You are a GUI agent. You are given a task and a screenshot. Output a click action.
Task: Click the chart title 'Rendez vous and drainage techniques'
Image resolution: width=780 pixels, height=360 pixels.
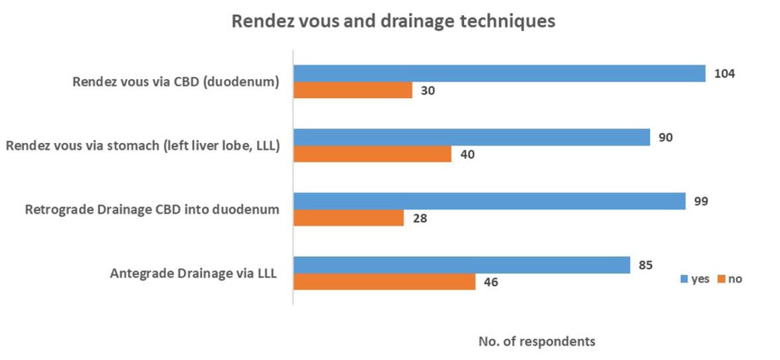click(393, 22)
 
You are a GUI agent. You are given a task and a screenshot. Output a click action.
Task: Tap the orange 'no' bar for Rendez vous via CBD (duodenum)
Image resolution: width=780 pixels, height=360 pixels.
click(354, 91)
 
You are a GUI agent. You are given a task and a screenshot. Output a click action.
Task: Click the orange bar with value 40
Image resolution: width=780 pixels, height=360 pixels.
click(373, 155)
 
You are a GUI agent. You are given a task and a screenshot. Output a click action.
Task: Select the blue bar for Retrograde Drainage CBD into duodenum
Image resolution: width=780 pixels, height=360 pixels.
click(490, 201)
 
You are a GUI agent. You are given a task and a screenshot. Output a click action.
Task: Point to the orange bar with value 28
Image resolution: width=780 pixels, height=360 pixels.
click(350, 218)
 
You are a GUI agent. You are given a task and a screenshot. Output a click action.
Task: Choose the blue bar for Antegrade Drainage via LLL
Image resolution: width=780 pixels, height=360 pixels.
click(462, 265)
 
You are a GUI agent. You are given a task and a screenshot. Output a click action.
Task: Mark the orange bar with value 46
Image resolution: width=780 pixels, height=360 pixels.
click(385, 282)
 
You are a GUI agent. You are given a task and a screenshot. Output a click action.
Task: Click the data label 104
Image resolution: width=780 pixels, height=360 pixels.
click(725, 73)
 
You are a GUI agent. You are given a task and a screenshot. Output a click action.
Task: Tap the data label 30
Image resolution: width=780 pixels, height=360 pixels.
click(428, 91)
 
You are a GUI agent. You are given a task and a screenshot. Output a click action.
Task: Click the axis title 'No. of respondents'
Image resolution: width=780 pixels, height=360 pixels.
click(536, 341)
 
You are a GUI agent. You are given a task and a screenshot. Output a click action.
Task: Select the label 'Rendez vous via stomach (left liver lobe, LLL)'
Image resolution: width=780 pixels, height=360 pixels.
click(142, 146)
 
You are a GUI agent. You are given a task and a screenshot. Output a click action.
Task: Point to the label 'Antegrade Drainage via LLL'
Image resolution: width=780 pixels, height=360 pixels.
click(192, 274)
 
